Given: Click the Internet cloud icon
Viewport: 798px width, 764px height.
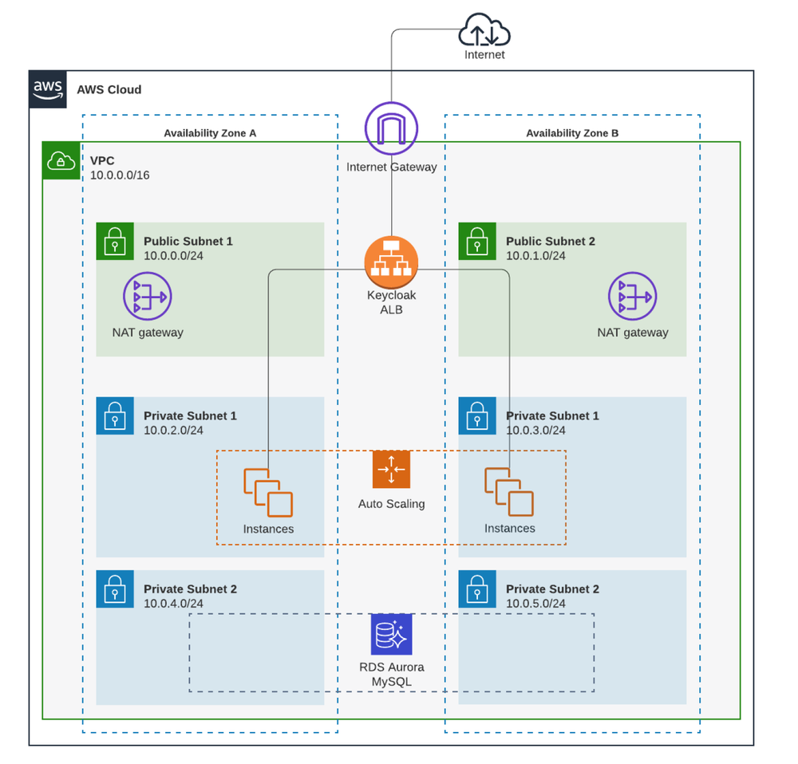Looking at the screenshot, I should tap(484, 33).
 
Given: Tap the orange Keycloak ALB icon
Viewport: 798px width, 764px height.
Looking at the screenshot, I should tap(391, 261).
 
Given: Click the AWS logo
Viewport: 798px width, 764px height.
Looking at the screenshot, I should tap(49, 89).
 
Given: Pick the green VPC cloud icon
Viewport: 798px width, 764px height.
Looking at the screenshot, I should tap(61, 161).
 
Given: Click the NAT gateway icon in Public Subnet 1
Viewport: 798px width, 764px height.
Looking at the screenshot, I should tap(147, 297).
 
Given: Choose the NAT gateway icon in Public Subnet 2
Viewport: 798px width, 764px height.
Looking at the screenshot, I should tap(632, 297).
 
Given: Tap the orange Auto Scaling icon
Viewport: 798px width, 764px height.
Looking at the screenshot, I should tap(391, 470).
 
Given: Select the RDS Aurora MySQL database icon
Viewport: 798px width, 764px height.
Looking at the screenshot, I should tap(391, 634).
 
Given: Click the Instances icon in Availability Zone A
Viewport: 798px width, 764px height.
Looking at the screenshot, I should tap(268, 493).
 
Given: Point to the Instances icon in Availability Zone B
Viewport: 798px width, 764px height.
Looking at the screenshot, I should tap(509, 493).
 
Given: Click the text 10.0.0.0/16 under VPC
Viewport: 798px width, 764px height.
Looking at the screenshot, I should tap(120, 175).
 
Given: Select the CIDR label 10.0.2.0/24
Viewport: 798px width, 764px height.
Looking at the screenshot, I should tap(173, 431).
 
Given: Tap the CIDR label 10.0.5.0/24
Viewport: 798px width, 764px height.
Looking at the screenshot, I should tap(535, 604).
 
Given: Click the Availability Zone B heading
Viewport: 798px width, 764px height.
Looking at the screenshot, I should tap(572, 133).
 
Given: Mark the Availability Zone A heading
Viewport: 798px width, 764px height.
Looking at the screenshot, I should tap(210, 133).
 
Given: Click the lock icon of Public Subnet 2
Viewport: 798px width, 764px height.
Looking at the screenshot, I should tap(477, 241).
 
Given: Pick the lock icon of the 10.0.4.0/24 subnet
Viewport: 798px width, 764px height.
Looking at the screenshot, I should tap(115, 589).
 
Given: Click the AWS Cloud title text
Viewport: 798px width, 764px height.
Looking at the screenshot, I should tap(109, 89).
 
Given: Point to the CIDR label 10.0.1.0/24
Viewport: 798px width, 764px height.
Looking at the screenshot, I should tap(535, 256).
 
